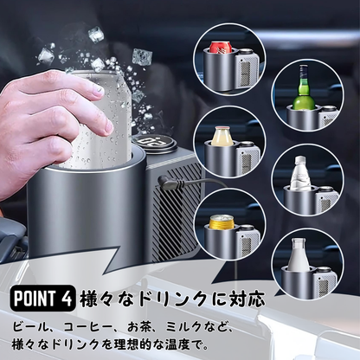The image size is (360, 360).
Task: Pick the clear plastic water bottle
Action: [x=301, y=177]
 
